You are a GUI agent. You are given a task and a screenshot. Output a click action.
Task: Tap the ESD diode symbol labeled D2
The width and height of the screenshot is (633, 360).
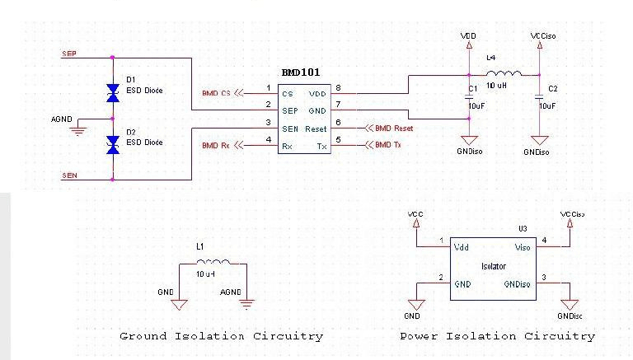pos(113,146)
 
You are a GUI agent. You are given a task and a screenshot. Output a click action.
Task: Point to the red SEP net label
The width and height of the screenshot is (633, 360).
pos(70,54)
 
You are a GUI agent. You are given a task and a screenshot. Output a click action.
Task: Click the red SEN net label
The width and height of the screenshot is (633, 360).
pos(70,175)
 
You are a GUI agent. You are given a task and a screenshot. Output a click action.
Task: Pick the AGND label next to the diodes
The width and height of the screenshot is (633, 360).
pos(62,118)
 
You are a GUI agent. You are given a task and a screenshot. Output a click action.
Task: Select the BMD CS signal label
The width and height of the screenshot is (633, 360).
pos(217,93)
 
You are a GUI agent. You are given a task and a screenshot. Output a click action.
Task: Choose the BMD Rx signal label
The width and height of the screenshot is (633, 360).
pos(217,146)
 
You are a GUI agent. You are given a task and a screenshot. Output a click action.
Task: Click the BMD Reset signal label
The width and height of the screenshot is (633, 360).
pos(393,128)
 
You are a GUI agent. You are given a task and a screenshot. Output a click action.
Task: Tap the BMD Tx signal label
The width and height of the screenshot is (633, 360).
pos(387,146)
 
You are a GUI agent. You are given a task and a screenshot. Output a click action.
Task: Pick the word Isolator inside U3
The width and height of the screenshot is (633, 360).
pos(495,266)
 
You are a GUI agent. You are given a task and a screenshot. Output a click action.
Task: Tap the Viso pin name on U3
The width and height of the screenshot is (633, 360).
pos(523,246)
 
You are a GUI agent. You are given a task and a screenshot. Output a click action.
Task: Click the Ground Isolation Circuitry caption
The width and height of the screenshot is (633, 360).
pos(221,336)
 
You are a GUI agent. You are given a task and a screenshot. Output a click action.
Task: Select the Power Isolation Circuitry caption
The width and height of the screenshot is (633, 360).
pos(497,336)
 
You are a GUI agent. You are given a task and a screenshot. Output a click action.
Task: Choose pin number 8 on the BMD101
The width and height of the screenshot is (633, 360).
pos(339,88)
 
